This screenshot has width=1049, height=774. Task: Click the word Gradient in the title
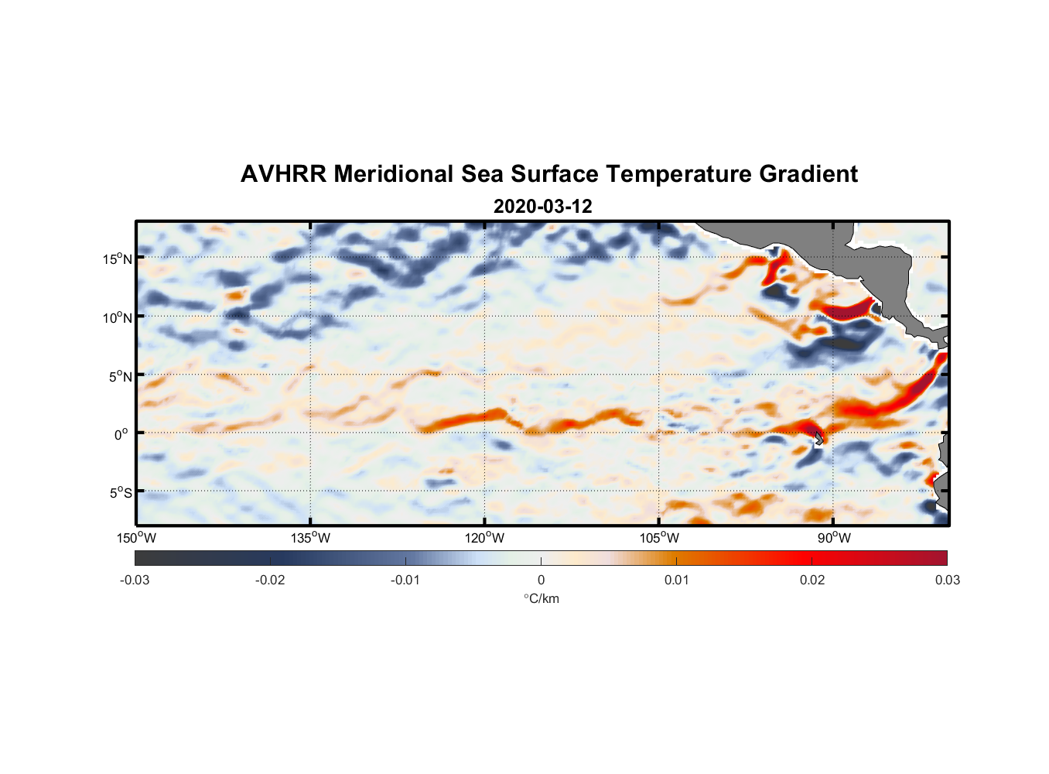pyautogui.click(x=808, y=174)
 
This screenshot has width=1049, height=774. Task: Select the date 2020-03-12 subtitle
pyautogui.click(x=543, y=207)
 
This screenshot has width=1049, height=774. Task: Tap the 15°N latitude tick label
pyautogui.click(x=118, y=259)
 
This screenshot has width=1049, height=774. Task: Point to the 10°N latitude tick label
pyautogui.click(x=118, y=317)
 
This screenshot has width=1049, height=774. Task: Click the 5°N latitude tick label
pyautogui.click(x=121, y=376)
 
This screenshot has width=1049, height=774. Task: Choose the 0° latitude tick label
pyautogui.click(x=121, y=434)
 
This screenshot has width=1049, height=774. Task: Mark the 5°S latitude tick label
pyautogui.click(x=121, y=492)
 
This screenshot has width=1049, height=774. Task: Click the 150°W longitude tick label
pyautogui.click(x=136, y=538)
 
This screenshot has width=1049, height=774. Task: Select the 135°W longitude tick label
pyautogui.click(x=310, y=538)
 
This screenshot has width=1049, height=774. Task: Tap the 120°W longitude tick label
pyautogui.click(x=484, y=538)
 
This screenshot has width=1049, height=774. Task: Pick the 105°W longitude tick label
pyautogui.click(x=659, y=538)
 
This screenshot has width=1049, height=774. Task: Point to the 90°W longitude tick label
pyautogui.click(x=833, y=538)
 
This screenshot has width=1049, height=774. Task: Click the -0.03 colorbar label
pyautogui.click(x=135, y=580)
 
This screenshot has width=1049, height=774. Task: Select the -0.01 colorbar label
pyautogui.click(x=405, y=580)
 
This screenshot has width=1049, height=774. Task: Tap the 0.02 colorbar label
pyautogui.click(x=812, y=580)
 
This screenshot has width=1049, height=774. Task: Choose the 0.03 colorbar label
pyautogui.click(x=947, y=580)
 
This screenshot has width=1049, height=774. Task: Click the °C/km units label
pyautogui.click(x=541, y=598)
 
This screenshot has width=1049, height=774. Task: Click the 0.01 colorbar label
pyautogui.click(x=676, y=580)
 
